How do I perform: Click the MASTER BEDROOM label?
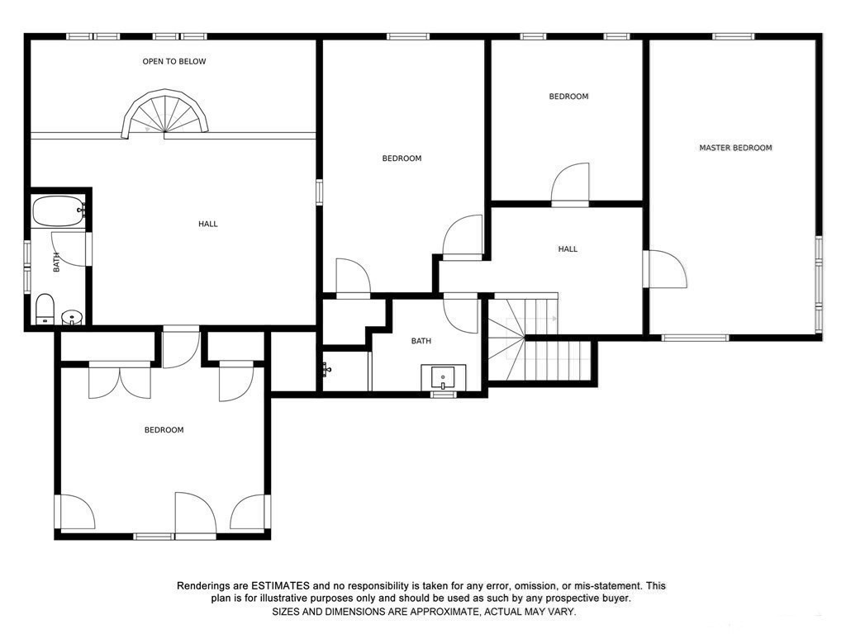tap(735, 148)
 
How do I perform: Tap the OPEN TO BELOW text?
tap(174, 61)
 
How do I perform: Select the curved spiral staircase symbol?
tap(165, 116)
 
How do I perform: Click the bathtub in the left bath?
tap(58, 211)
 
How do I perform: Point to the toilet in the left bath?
tap(45, 309)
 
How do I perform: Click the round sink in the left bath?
tap(73, 316)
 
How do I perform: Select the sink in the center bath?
tap(444, 378)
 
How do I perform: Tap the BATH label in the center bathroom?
tap(421, 341)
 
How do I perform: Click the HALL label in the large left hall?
tap(208, 224)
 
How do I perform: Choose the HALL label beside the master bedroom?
tap(568, 248)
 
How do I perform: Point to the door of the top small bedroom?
tap(570, 183)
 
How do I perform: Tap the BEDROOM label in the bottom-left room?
tap(164, 429)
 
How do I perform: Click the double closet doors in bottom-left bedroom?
tap(121, 381)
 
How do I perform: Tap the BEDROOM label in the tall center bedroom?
tap(402, 158)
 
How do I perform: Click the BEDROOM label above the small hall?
tap(568, 97)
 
